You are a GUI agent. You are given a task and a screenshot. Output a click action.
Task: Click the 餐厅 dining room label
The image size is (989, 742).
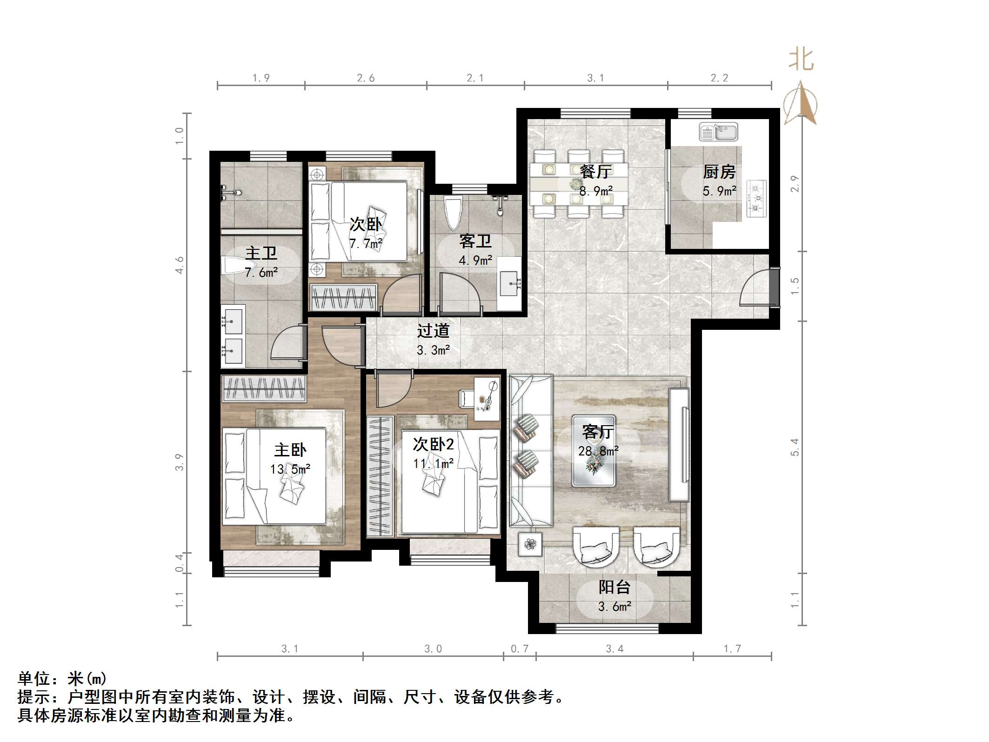tap(596, 172)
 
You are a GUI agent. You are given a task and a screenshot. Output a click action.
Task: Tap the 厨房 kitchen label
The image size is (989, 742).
tap(719, 172)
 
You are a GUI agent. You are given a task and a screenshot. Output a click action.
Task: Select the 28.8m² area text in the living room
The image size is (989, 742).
tap(598, 451)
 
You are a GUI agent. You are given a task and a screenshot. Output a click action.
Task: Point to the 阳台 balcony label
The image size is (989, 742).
tap(615, 587)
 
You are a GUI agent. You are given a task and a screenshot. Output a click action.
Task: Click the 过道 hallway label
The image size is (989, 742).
tap(433, 331)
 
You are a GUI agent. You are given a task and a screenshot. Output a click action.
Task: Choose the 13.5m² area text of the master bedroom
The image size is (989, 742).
tap(290, 469)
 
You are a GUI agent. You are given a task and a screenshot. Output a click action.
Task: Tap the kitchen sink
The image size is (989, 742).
tap(719, 132)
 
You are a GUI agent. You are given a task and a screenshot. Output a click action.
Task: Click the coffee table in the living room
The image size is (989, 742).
tap(594, 451)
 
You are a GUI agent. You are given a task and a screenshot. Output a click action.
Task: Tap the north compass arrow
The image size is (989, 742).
tap(801, 103)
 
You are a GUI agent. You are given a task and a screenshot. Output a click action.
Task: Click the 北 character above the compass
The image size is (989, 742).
tap(801, 60)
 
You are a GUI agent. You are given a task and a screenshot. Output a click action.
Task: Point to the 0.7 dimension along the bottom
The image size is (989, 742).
tap(520, 648)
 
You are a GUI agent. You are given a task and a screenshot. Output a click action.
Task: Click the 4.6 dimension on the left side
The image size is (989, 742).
tap(179, 265)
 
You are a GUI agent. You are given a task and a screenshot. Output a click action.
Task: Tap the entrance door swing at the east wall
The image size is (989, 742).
tap(755, 287)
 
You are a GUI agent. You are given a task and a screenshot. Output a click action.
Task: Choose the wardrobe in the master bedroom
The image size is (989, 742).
tap(263, 388)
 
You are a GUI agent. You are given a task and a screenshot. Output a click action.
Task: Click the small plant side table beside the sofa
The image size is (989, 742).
tap(530, 544)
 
